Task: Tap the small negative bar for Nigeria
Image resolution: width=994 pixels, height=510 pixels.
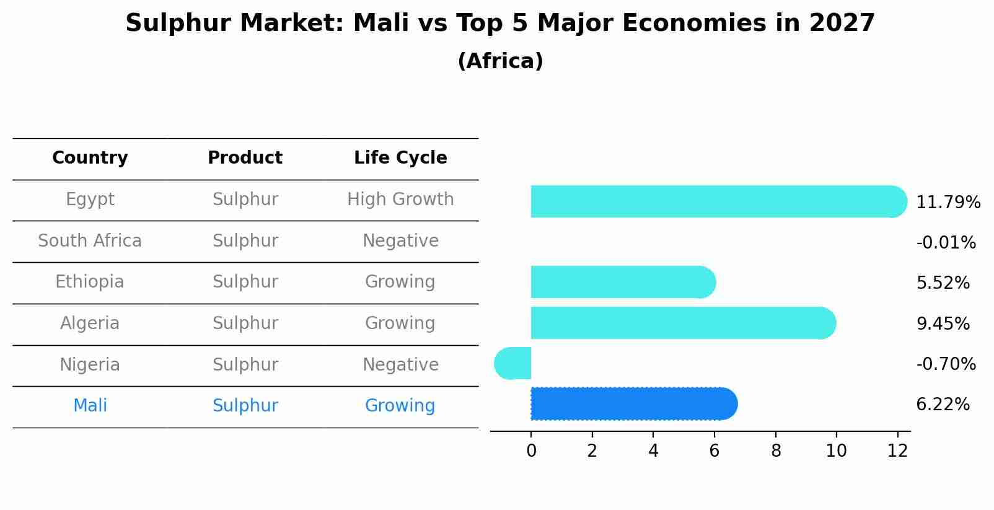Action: tap(514, 363)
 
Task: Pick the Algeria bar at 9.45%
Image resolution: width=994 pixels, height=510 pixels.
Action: tap(682, 323)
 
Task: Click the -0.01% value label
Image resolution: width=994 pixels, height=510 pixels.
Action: tap(946, 242)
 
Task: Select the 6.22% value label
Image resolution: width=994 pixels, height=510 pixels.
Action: tap(942, 405)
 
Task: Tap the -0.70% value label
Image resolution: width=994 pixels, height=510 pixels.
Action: tap(946, 364)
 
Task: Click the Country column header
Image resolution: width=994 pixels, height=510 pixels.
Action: tap(90, 158)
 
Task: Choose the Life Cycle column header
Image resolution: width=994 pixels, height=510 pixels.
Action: tap(400, 158)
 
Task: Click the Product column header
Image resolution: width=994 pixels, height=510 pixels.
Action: tap(245, 158)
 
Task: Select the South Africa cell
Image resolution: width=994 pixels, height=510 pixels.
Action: tap(90, 240)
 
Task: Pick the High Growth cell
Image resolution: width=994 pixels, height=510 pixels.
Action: tap(400, 200)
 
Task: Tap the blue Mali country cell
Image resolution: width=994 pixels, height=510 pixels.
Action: tap(90, 406)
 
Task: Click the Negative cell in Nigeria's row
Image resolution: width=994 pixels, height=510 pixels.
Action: tap(400, 364)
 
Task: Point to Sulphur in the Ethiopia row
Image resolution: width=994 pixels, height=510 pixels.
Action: tap(245, 282)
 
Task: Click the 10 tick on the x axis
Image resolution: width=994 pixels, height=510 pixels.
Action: tap(836, 451)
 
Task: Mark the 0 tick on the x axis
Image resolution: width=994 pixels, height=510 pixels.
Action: tap(531, 451)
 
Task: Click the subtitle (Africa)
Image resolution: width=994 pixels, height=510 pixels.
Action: tap(500, 61)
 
